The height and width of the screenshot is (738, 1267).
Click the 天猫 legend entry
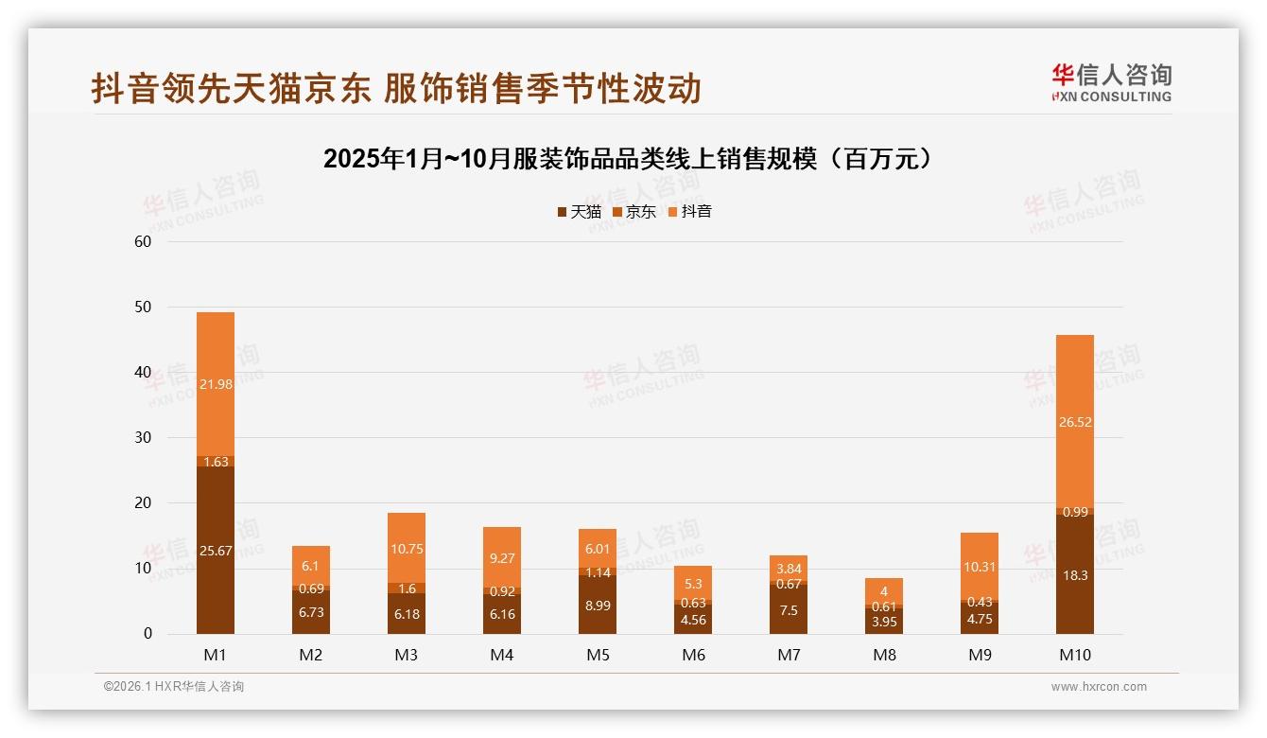tap(579, 212)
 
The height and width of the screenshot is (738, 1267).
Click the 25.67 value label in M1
tap(216, 551)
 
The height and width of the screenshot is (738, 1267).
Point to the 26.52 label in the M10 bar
tap(1075, 422)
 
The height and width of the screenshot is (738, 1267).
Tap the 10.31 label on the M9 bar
tap(980, 567)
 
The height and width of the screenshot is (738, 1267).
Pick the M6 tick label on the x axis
tap(693, 655)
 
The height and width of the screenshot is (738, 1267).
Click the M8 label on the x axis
tap(884, 655)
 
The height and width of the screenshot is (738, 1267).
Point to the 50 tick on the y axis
tap(143, 307)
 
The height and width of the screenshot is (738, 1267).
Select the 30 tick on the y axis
tap(143, 438)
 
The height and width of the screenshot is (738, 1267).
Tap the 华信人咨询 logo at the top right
tap(1111, 82)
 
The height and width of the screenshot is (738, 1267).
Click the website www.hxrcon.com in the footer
tap(1099, 687)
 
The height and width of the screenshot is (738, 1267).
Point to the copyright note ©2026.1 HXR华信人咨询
tap(174, 687)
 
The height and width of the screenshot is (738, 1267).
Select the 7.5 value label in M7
tap(789, 610)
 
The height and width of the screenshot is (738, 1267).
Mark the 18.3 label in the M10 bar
tap(1075, 574)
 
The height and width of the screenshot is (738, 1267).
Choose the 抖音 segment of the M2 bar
tap(311, 566)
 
